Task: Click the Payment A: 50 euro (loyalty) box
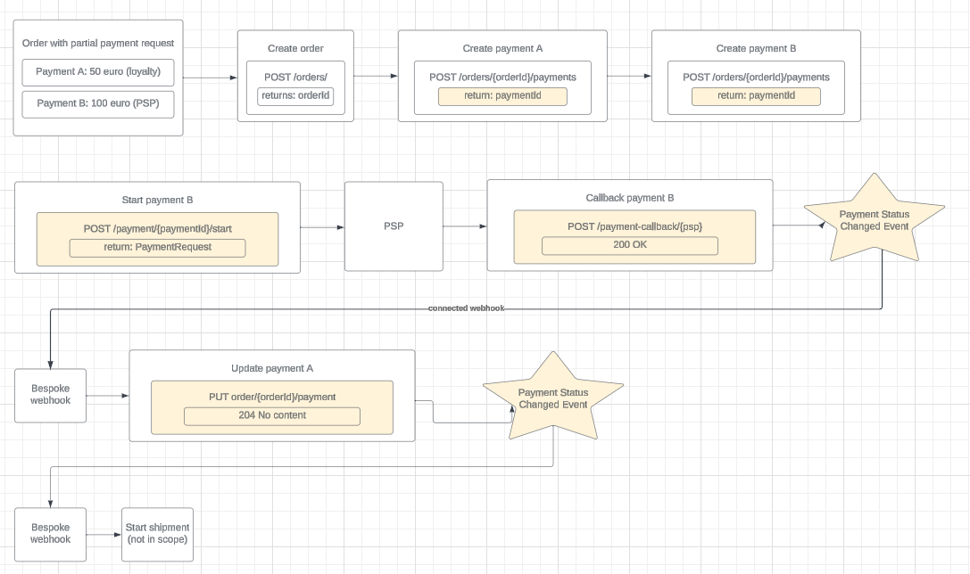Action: point(98,71)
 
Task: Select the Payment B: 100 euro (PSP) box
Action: point(98,103)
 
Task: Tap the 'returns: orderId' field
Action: point(295,96)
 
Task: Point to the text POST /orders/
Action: point(295,78)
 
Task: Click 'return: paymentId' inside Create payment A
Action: point(502,96)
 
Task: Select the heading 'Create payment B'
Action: point(756,49)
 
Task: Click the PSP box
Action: point(394,226)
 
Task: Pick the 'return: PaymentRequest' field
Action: point(157,247)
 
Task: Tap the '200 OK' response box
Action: point(629,245)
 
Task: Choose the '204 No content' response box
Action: point(272,415)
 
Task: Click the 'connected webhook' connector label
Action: point(466,308)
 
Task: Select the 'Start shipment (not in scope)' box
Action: point(157,533)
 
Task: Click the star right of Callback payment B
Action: point(874,219)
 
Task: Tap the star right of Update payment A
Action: point(552,398)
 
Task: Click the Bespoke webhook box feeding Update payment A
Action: point(51,395)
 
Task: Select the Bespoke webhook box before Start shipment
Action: point(51,534)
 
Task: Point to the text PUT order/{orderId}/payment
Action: point(272,397)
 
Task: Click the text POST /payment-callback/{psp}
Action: point(634,226)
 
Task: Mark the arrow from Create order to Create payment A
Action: point(376,77)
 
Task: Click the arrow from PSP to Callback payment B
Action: point(464,226)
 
